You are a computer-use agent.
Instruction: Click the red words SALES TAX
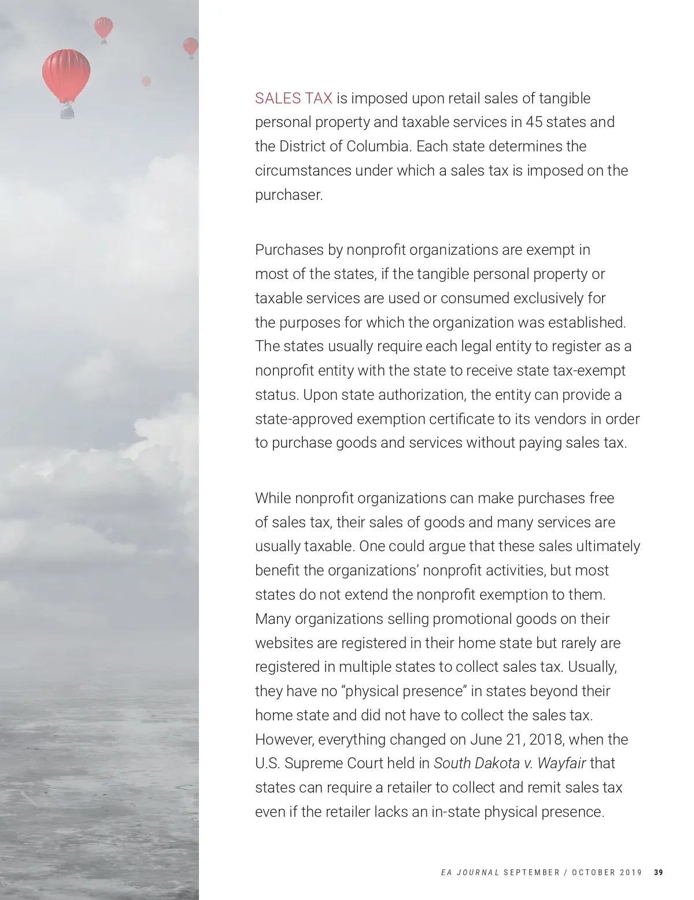pos(293,99)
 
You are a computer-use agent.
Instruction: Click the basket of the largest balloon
pos(67,111)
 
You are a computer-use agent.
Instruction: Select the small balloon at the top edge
pos(104,27)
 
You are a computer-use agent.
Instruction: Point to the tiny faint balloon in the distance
pos(146,81)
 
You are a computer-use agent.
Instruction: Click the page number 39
pos(659,872)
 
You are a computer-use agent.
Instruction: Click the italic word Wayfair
pos(562,764)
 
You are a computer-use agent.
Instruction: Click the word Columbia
pos(378,147)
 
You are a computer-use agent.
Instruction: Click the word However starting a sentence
pos(283,739)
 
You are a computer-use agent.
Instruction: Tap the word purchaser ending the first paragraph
pos(289,195)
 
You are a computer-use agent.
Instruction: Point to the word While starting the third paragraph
pos(273,498)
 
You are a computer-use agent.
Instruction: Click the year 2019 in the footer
pos(630,872)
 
